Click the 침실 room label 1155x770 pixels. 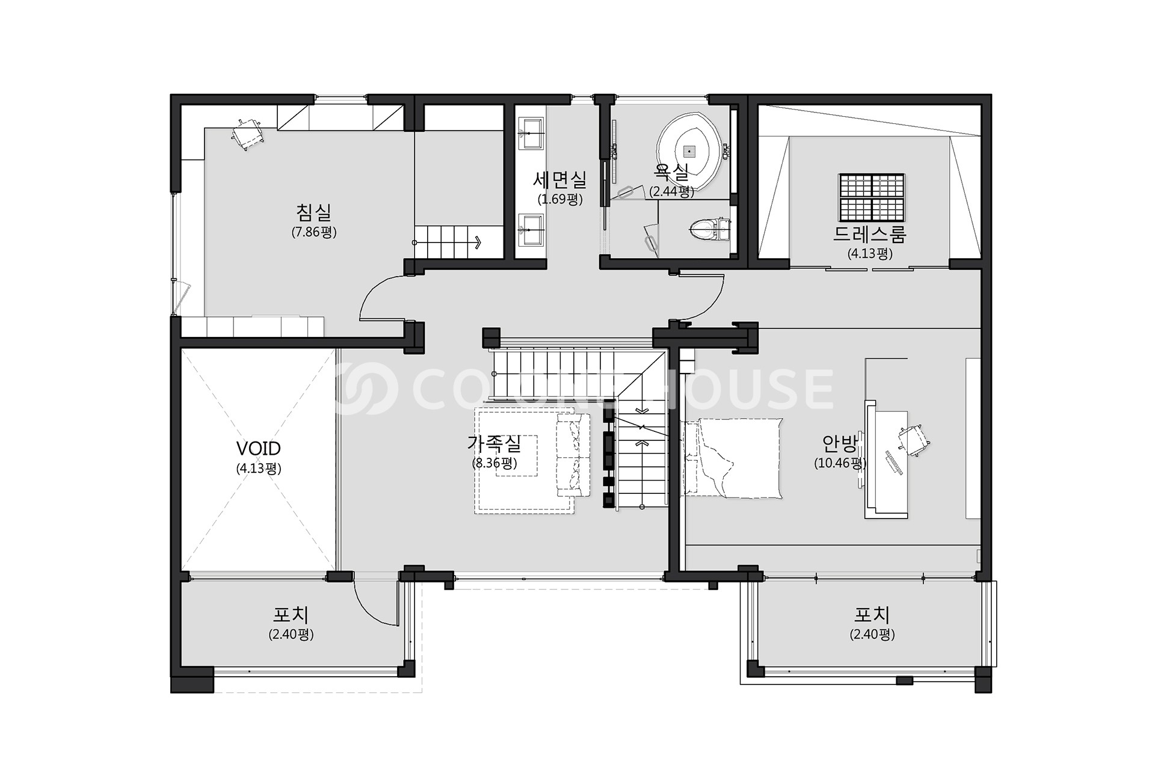pos(313,212)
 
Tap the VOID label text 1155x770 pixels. pos(259,449)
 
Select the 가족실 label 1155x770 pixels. pos(494,444)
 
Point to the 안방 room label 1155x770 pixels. pos(840,444)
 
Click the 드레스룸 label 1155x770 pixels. pos(869,234)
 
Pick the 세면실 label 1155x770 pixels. pos(559,179)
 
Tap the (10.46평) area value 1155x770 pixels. pos(840,463)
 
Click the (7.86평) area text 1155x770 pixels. pos(313,232)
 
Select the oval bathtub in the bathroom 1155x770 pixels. pos(689,148)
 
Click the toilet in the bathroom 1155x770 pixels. pos(707,229)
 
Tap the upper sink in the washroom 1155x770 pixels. pos(531,134)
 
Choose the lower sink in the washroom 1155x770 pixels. pos(531,230)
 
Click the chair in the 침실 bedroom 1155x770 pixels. pos(247,134)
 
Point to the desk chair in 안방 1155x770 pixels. pos(913,440)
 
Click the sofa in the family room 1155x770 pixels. pos(573,455)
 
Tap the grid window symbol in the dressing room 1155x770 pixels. pos(872,197)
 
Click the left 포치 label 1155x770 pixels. pos(291,615)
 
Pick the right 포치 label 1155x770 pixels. pos(872,615)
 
